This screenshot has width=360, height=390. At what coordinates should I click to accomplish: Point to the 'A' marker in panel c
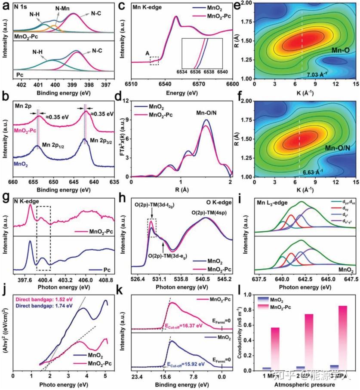coord(148,53)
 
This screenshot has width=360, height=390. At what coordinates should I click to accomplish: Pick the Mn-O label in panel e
coord(340,51)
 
